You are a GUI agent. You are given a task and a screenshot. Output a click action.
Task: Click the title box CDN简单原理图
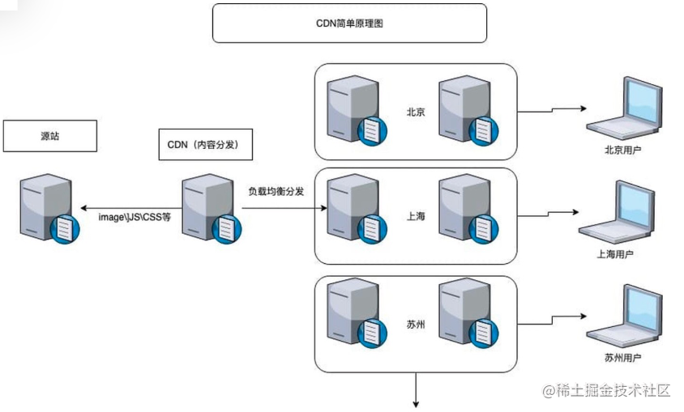pyautogui.click(x=349, y=23)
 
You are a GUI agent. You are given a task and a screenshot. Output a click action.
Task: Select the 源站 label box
pyautogui.click(x=49, y=136)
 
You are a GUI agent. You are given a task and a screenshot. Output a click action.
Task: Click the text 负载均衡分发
pyautogui.click(x=276, y=192)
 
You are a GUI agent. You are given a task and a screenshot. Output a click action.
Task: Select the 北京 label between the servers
pyautogui.click(x=417, y=112)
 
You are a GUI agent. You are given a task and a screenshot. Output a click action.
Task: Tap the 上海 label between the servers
pyautogui.click(x=416, y=217)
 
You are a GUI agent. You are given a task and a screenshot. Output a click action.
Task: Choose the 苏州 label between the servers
pyautogui.click(x=417, y=325)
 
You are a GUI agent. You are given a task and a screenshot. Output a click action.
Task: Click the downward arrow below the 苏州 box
pyautogui.click(x=417, y=389)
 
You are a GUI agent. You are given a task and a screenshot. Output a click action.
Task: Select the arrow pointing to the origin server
pyautogui.click(x=122, y=206)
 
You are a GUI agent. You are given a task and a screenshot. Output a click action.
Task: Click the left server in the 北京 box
pyautogui.click(x=351, y=111)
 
